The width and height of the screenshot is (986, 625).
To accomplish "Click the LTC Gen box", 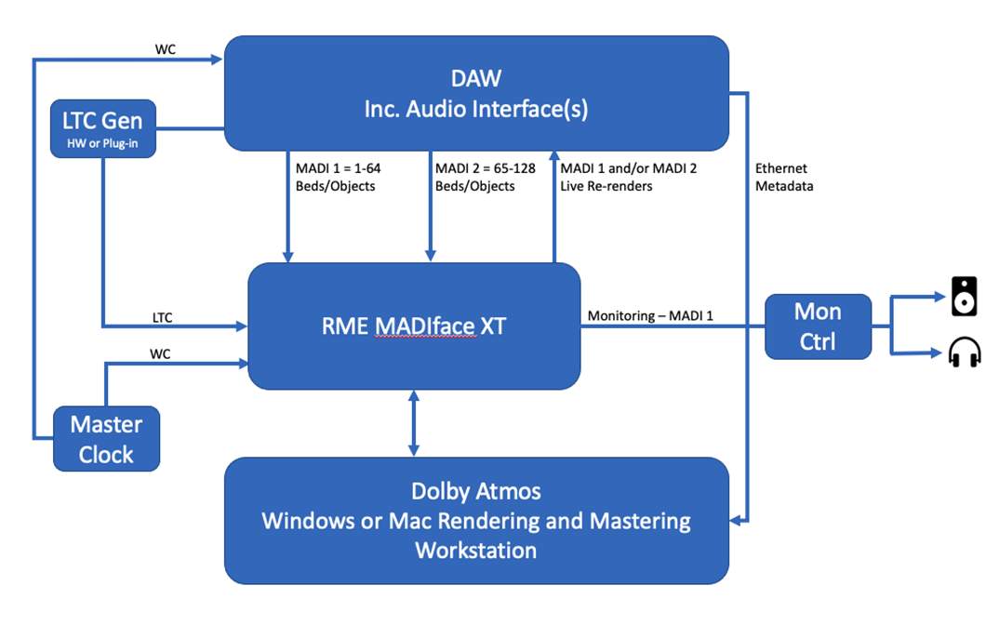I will tap(102, 127).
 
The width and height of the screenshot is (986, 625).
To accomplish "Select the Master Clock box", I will tap(105, 439).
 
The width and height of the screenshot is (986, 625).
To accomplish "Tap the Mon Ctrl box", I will tap(818, 326).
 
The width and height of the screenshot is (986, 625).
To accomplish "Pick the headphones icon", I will tap(964, 353).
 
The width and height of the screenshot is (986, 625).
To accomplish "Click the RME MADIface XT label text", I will tap(413, 326).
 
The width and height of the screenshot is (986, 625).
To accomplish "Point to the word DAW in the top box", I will tap(475, 78).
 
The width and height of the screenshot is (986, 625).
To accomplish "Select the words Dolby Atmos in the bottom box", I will tap(475, 490).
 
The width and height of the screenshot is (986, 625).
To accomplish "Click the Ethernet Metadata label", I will tap(783, 177).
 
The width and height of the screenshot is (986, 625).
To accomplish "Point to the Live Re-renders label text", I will tap(606, 186).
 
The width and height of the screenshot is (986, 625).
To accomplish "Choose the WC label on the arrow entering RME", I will tap(161, 354).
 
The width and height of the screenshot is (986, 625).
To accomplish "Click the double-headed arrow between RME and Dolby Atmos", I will tap(413, 423).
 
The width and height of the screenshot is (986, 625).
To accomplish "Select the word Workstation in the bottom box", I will tap(475, 550).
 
